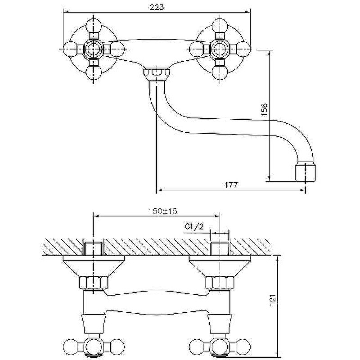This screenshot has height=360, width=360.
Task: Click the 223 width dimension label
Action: click(x=157, y=7)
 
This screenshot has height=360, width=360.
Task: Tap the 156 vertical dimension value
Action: click(x=265, y=110)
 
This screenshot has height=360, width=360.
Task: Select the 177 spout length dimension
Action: click(x=231, y=185)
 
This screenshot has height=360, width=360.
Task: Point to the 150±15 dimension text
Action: click(x=163, y=211)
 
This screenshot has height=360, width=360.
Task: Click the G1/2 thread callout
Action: click(x=194, y=227)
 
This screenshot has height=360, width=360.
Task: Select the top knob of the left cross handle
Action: click(x=94, y=26)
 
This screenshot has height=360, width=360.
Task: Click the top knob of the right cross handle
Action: click(x=220, y=26)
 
